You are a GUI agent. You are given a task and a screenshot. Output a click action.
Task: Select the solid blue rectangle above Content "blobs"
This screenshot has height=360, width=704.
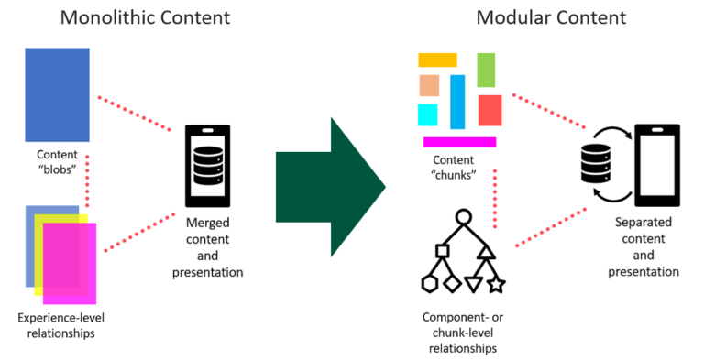[x=58, y=94]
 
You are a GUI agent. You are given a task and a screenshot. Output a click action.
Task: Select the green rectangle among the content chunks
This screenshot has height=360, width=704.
[x=486, y=70]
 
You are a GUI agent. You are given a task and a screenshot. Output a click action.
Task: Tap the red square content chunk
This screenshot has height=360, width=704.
[x=489, y=110]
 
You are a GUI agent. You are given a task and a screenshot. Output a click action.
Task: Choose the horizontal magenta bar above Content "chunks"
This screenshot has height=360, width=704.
[x=459, y=142]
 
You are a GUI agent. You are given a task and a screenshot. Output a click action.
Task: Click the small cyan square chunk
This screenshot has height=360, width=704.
[x=428, y=115]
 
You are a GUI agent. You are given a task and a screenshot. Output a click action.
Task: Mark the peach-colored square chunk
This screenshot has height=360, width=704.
[x=429, y=85]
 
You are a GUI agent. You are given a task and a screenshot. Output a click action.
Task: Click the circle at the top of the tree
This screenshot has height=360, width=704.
[x=463, y=218]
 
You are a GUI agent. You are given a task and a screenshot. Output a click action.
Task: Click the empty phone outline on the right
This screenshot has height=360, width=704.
[x=656, y=166]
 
